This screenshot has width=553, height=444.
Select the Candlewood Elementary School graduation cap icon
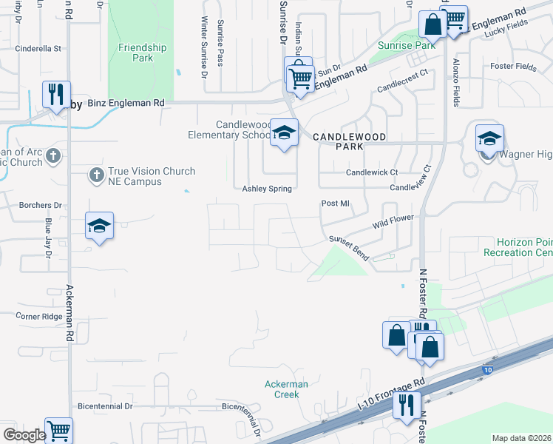(282, 133)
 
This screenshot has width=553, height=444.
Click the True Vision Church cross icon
(95, 175)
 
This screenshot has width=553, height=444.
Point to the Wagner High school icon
(489, 138)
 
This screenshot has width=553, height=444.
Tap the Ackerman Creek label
(286, 389)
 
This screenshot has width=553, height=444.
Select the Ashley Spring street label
(267, 189)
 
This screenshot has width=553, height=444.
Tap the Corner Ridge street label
(39, 316)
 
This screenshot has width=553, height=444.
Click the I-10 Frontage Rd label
(391, 393)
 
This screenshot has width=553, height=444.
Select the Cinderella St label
(38, 49)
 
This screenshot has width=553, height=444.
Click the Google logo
(24, 435)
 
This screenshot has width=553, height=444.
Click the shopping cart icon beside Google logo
(58, 431)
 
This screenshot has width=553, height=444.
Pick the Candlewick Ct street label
(373, 172)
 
